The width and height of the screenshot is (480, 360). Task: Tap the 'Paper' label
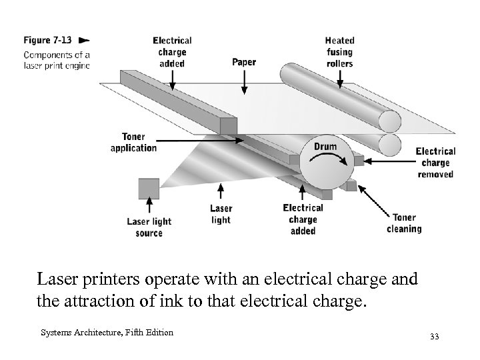click(244, 63)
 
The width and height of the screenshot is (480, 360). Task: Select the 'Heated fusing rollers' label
click(340, 52)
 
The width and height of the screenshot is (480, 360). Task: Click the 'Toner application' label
click(133, 143)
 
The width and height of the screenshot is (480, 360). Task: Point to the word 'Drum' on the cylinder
click(325, 147)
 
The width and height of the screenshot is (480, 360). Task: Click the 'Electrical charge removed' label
click(435, 163)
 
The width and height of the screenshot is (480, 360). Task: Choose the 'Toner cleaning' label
click(404, 223)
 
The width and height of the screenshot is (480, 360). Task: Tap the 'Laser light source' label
click(149, 227)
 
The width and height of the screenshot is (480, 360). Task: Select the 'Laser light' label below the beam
click(221, 215)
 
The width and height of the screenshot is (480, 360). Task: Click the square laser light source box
click(149, 188)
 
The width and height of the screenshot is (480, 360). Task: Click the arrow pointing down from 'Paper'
click(245, 81)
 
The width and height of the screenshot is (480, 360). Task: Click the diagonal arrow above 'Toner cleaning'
click(375, 199)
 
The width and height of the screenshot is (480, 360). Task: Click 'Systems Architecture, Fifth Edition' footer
click(107, 333)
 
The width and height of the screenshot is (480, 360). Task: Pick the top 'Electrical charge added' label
click(172, 52)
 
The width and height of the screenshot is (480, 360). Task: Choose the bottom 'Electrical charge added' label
click(303, 219)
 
